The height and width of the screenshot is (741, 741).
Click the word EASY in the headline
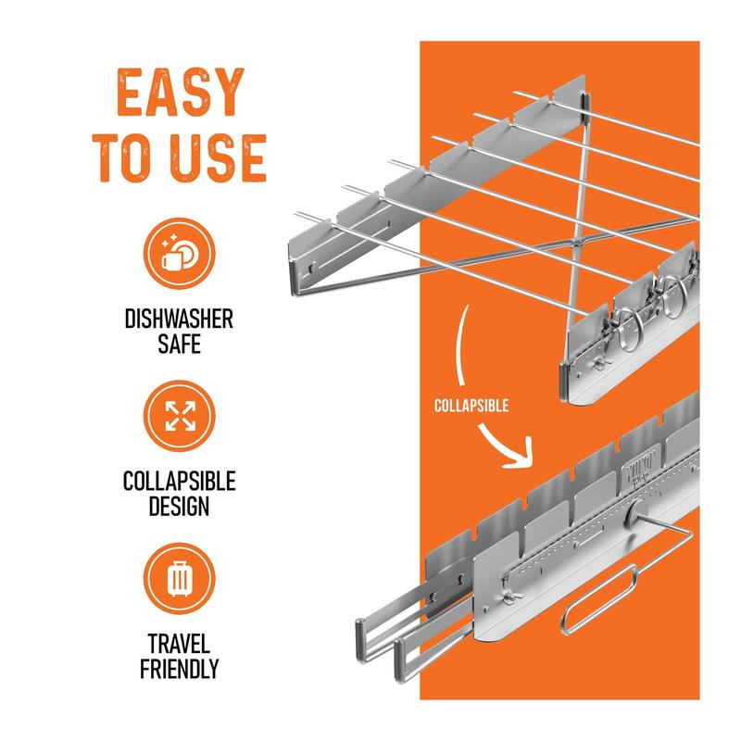click(180, 92)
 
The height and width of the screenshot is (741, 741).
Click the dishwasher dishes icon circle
click(180, 253)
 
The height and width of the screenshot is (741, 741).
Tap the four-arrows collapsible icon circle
click(180, 416)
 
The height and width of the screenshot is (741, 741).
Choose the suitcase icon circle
click(180, 578)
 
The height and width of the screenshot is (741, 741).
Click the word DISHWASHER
click(179, 319)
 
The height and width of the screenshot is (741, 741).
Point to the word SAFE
click(179, 344)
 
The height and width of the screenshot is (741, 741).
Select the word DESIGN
click(179, 506)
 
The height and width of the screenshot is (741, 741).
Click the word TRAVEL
click(179, 644)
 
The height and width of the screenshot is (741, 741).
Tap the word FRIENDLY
click(179, 669)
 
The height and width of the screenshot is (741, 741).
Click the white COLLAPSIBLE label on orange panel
click(471, 406)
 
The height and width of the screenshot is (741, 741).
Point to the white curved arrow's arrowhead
click(521, 454)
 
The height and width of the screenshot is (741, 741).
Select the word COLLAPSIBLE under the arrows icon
click(179, 482)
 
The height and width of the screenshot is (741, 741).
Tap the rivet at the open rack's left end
click(312, 268)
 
